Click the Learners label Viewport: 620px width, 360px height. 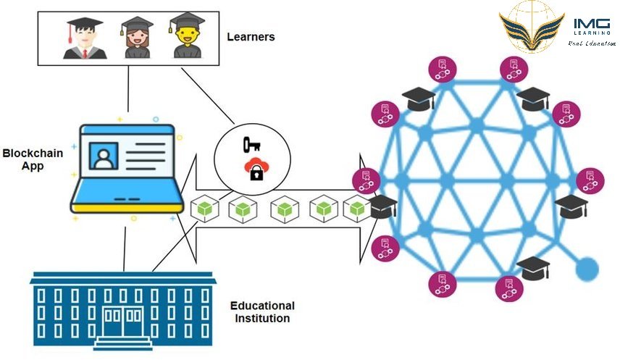[251, 36]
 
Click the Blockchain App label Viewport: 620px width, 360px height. [33, 159]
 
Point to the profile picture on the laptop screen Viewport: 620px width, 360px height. [105, 156]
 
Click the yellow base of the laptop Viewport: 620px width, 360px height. [127, 207]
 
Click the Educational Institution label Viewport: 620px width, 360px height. [261, 311]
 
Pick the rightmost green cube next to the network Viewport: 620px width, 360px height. [356, 209]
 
